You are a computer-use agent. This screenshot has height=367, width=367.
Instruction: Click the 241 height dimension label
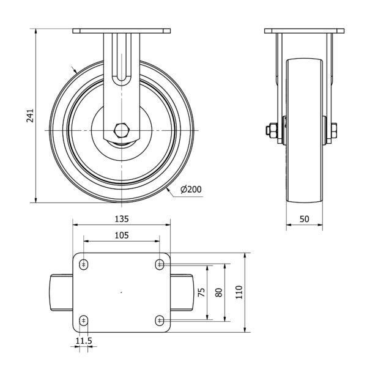[x=30, y=116]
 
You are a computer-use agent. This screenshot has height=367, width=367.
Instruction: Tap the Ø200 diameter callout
[x=191, y=189]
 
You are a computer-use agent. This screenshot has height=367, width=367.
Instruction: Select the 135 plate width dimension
[x=122, y=219]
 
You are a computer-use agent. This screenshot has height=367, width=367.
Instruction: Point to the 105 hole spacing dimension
[x=122, y=235]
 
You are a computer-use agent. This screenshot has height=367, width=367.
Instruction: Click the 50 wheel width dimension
[x=304, y=219]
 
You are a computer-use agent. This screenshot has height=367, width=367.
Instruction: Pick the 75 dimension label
[x=201, y=292]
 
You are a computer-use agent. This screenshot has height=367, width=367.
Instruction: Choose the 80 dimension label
[x=219, y=292]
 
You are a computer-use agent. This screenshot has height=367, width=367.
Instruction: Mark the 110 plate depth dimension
[x=239, y=292]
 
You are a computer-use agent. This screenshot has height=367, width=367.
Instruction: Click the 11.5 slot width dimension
[x=84, y=341]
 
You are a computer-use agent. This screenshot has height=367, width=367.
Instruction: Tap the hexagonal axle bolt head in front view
[x=122, y=130]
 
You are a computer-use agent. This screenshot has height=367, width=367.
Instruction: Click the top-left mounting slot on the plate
[x=84, y=265]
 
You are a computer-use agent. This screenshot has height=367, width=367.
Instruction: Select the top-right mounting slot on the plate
[x=160, y=265]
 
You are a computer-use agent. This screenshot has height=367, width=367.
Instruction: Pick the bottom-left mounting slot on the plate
[x=84, y=321]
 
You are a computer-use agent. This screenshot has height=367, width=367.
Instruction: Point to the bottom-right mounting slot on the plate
[x=160, y=321]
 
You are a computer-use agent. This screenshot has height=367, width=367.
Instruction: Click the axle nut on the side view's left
[x=272, y=130]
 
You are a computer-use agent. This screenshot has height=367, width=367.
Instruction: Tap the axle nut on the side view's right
[x=334, y=130]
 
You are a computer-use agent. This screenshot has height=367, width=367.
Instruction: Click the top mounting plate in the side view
[x=304, y=31]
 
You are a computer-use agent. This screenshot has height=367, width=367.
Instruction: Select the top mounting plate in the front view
[x=122, y=31]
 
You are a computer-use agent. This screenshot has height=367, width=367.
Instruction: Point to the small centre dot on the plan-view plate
[x=121, y=292]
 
